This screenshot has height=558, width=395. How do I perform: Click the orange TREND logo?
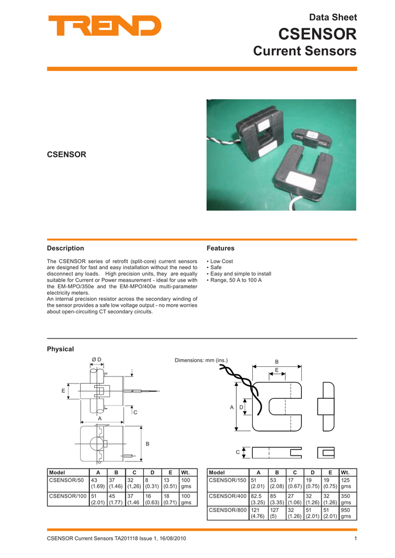coord(105,26)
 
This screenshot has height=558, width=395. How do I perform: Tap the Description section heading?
coord(65,248)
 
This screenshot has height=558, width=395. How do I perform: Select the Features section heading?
coord(220,248)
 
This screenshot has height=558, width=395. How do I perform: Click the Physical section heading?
coord(60,349)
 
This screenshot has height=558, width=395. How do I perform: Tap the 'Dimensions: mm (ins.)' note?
coord(201,360)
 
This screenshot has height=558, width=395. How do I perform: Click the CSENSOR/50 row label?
coord(66,480)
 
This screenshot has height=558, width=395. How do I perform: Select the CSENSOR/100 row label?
coord(68,496)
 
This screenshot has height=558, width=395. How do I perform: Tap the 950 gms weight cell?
coord(345,513)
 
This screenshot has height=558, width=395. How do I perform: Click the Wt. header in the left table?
coord(186,472)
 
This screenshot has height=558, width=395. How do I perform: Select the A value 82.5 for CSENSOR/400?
coord(257,496)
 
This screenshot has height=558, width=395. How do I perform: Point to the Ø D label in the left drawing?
coord(97,358)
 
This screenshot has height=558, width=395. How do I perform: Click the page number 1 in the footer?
coord(355,539)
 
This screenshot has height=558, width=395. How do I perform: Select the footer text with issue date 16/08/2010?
coord(117,539)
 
